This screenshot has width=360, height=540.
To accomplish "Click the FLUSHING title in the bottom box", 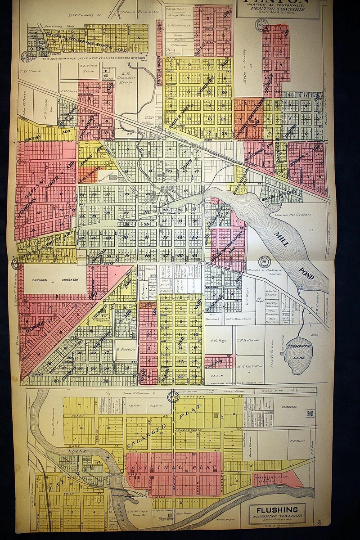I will tap(276, 510).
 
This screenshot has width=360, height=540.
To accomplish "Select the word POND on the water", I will tap(307, 272).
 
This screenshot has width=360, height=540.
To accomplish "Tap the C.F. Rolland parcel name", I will tap(247, 340).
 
